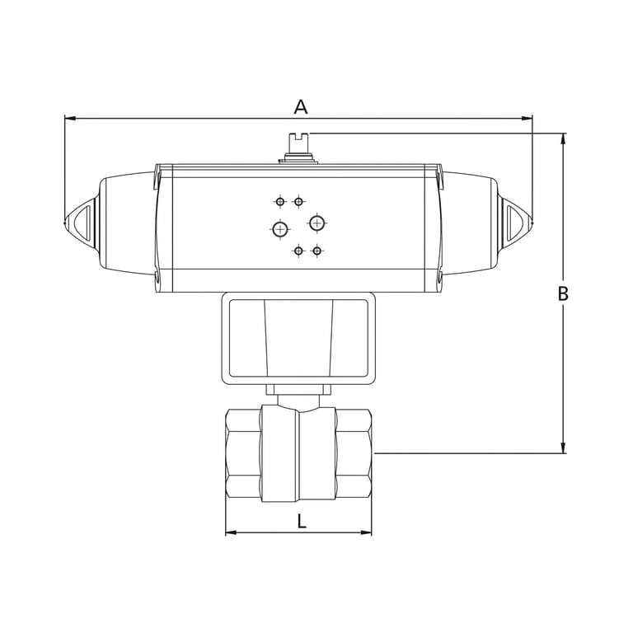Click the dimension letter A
[301, 107]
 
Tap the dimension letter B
[563, 293]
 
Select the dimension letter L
[302, 520]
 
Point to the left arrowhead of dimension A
[70, 119]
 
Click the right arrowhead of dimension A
[527, 119]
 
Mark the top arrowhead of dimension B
[564, 138]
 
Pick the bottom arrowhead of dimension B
[564, 448]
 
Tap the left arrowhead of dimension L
[231, 532]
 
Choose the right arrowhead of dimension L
[366, 532]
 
